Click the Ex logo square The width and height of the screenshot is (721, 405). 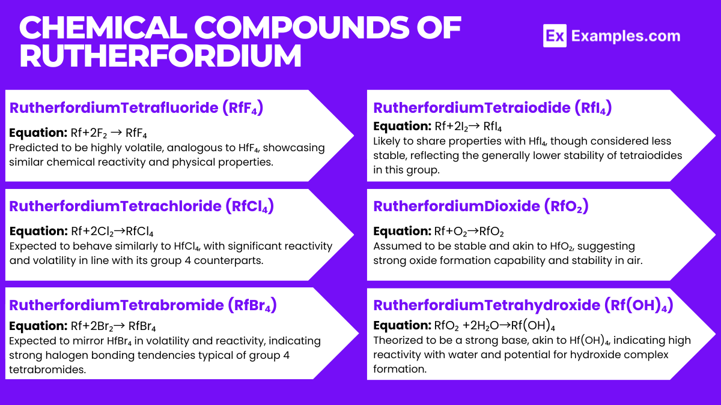[x=555, y=36]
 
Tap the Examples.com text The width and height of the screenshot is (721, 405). [x=625, y=36]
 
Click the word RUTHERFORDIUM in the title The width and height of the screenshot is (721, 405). [x=160, y=56]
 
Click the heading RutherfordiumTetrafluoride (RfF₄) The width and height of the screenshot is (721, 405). [x=136, y=108]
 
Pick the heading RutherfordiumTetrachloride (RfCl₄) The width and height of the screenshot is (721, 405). [x=142, y=206]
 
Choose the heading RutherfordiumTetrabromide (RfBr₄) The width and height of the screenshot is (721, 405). [x=143, y=305]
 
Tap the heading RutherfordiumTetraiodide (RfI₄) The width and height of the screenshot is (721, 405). [x=492, y=108]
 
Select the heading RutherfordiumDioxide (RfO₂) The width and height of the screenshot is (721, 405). [x=481, y=206]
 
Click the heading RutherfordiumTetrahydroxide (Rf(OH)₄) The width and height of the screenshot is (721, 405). [x=523, y=305]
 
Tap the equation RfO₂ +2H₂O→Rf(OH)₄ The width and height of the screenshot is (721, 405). [x=494, y=326]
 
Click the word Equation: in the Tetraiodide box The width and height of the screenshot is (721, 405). [x=401, y=127]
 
